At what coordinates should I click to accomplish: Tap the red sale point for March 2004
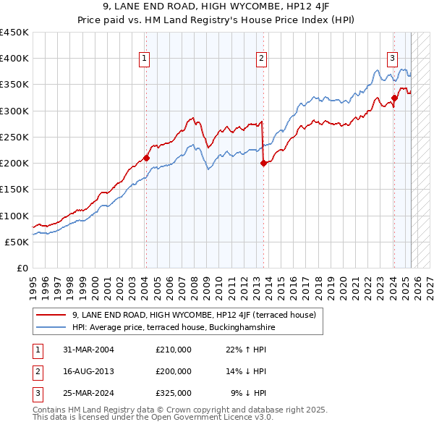click(x=146, y=157)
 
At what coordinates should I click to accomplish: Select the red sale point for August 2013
click(x=263, y=163)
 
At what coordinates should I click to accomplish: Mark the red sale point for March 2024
click(x=394, y=98)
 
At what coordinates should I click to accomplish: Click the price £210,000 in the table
click(x=174, y=350)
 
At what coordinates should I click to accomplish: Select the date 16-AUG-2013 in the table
click(x=84, y=371)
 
